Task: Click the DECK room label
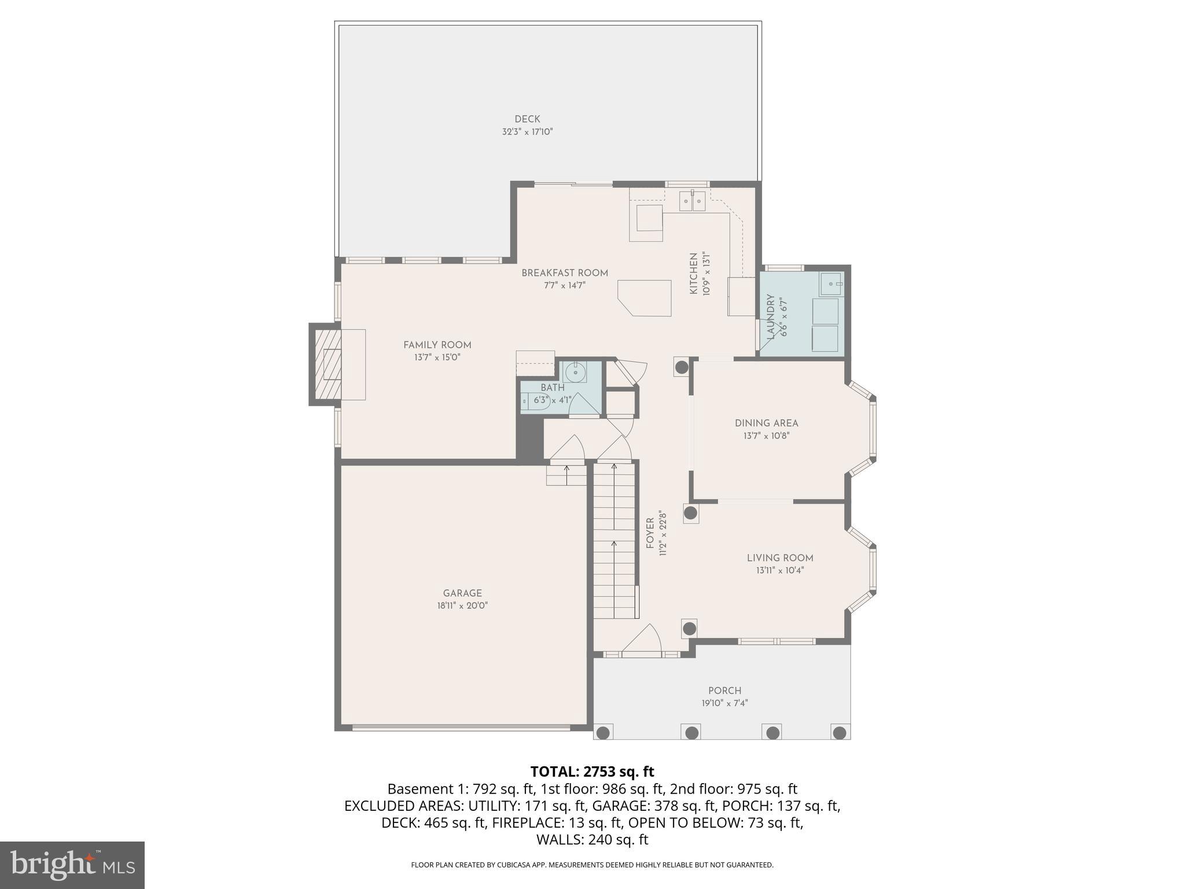527,119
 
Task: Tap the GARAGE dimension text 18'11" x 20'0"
462,606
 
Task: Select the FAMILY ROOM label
437,345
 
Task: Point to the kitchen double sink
693,201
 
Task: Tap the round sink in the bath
575,372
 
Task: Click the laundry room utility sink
830,284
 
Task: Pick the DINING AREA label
766,423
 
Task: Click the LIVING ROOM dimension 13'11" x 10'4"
780,571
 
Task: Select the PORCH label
724,690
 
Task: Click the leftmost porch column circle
603,732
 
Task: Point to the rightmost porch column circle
839,732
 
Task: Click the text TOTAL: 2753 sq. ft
592,772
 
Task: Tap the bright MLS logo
72,865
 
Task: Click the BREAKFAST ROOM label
565,273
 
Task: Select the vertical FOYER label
650,533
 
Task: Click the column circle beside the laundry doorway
682,367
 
